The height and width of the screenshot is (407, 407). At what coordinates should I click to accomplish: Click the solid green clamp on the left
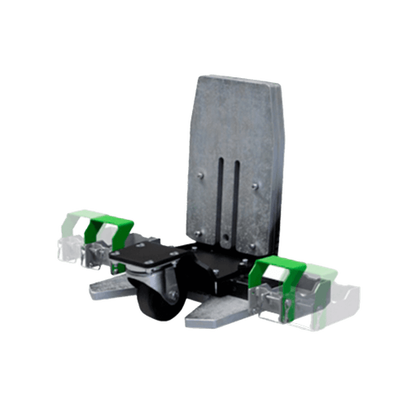coord(109,230)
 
